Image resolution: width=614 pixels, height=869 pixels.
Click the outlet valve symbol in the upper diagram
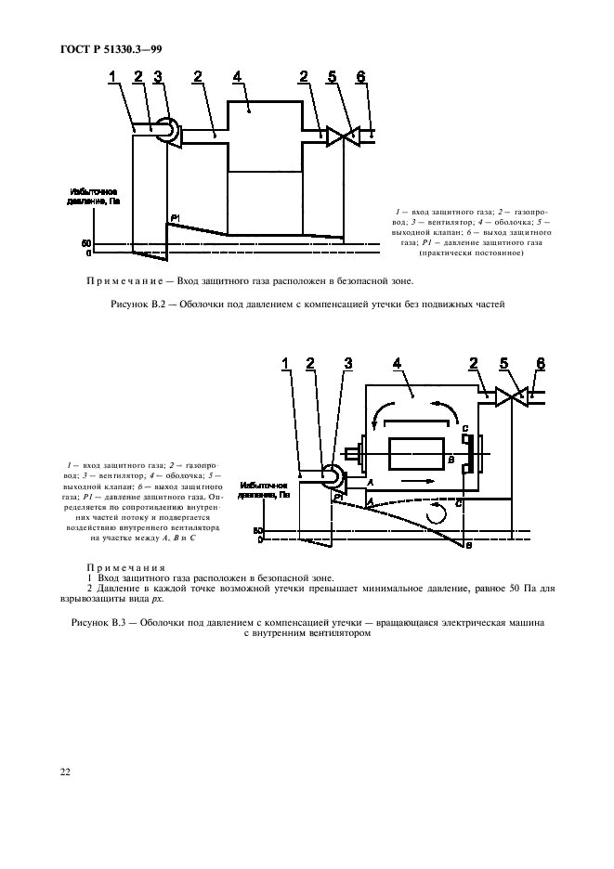[x=343, y=136]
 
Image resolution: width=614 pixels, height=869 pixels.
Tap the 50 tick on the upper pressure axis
[x=86, y=243]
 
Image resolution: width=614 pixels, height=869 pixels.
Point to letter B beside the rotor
[x=450, y=459]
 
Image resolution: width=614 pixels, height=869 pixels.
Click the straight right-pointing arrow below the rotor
[x=413, y=481]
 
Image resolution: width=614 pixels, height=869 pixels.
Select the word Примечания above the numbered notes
[x=125, y=566]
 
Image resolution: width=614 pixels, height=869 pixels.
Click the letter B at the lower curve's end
[x=469, y=546]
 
